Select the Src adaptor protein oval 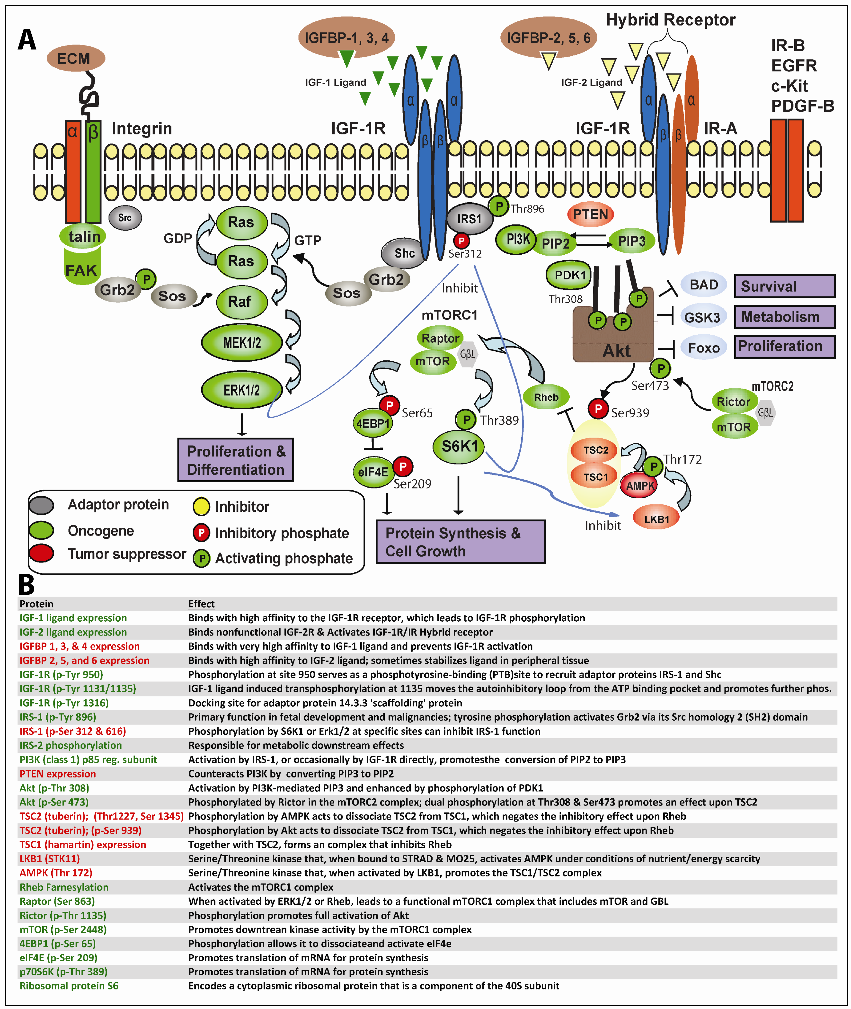point(124,218)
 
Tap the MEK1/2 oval point(242,343)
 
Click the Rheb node point(546,397)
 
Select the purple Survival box point(784,286)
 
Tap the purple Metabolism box point(784,317)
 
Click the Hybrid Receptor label point(671,20)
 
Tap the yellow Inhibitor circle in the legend point(201,507)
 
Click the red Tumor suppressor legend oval point(42,554)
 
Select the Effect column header point(201,604)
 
